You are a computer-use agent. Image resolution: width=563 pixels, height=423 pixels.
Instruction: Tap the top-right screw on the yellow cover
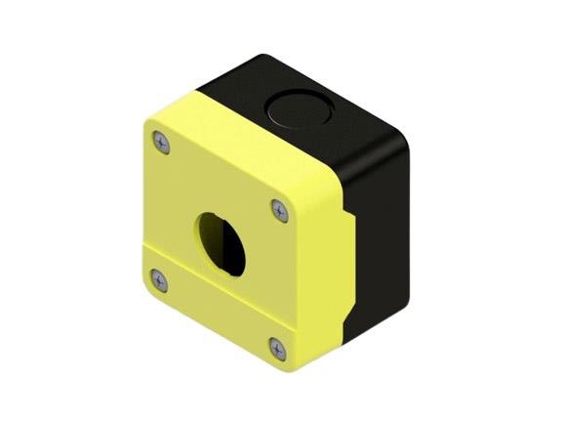click(280, 211)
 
